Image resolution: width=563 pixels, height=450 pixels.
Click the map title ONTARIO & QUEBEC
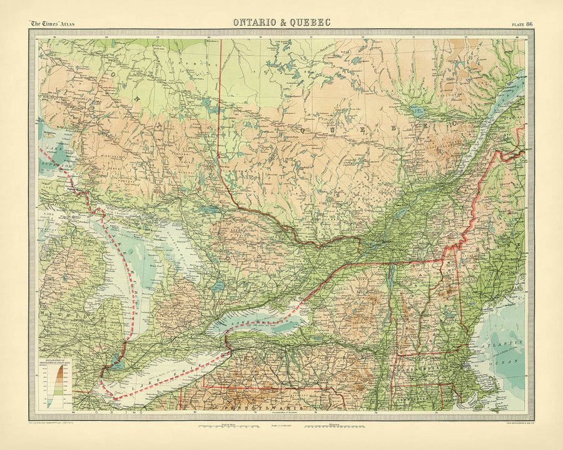(x=281, y=22)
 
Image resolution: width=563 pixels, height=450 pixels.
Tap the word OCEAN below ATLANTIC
(x=509, y=361)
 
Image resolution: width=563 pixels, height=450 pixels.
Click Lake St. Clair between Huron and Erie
(x=116, y=359)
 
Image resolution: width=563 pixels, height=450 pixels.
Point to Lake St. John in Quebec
(x=416, y=111)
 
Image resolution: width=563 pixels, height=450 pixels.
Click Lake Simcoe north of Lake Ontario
(x=218, y=285)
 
